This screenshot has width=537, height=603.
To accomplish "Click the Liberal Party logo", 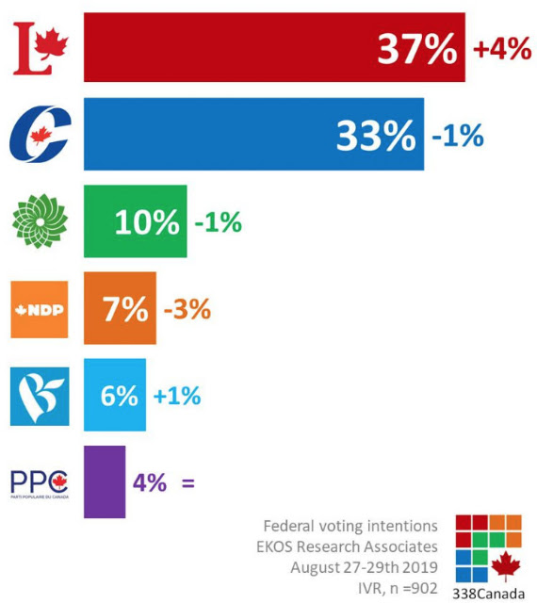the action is coord(41,48).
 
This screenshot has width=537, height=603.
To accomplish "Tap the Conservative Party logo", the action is coord(40,134).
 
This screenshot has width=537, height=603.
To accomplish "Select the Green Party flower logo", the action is coord(40,221).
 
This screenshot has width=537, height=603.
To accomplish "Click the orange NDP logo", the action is coord(40,310).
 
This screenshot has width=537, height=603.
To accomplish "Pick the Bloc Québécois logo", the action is coord(40,397).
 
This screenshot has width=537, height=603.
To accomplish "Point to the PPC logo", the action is coord(40,483).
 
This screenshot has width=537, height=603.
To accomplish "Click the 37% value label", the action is coord(417,49).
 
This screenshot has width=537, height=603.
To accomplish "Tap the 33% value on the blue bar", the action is coord(376,136).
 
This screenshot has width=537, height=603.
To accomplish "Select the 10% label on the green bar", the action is coord(147,222).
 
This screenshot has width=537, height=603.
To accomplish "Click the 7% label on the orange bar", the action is coord(125,309).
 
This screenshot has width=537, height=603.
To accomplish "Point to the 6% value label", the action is coord(120,396).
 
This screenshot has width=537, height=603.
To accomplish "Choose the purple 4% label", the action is coord(150,482).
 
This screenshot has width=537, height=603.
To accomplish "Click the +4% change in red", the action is coord(502,49).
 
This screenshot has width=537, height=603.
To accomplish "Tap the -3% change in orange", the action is coord(187,309).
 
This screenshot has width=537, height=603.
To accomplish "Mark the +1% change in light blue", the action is coord(177,396).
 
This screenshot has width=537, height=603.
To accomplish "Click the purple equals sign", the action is coord(188,482).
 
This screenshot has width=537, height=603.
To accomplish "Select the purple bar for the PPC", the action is coord(105,481).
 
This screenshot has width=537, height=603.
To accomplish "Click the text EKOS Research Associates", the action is coord(347,546).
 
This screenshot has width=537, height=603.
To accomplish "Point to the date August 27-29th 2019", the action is coord(364,567).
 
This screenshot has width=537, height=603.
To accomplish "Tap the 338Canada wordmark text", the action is coord(489,594).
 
